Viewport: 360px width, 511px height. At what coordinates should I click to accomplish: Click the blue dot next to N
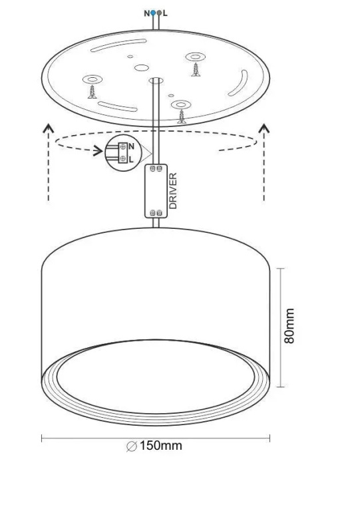153,13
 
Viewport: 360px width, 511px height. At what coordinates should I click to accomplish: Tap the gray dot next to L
159,13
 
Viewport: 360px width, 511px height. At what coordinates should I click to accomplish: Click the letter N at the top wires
147,13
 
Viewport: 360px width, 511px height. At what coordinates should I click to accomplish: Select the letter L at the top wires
165,13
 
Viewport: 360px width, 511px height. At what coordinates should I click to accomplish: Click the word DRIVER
173,191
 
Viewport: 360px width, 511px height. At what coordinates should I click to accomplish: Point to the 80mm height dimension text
289,326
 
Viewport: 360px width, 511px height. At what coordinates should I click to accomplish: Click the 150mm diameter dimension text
161,446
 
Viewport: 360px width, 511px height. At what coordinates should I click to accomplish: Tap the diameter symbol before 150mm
132,446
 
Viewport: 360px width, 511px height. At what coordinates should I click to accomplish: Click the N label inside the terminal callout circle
131,146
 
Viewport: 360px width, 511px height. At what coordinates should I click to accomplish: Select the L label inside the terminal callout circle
131,160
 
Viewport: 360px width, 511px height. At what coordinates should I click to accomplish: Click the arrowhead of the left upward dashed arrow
48,128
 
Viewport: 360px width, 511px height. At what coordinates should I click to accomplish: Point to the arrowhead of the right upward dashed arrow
264,128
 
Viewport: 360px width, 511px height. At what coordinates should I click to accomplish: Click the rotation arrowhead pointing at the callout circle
98,151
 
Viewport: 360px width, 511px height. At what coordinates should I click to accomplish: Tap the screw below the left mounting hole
92,92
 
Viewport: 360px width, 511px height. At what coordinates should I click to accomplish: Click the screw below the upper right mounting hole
196,70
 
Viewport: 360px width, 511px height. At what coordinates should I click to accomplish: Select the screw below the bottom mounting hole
182,117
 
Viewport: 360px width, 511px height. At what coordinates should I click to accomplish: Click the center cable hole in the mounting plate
156,80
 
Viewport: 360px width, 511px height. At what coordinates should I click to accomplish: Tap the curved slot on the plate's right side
238,83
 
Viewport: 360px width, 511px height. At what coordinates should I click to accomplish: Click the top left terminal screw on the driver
152,168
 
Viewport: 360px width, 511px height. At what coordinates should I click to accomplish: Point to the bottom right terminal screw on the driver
159,213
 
